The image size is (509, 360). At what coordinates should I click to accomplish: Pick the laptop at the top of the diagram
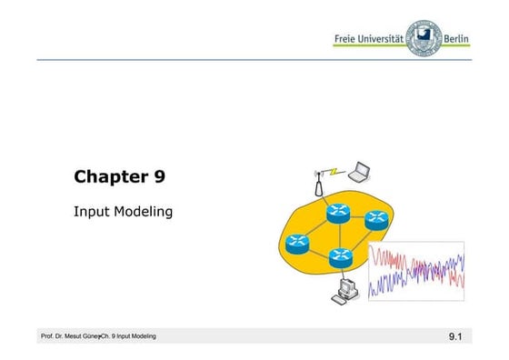pos(361,169)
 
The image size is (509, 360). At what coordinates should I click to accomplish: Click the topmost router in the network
pos(339,213)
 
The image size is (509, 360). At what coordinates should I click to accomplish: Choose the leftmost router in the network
pos(297,242)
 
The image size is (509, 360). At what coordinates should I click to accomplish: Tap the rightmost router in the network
pos(376,220)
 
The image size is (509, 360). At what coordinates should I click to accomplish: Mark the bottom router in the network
pos(340,258)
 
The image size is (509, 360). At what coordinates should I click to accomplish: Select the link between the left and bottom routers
pos(318,250)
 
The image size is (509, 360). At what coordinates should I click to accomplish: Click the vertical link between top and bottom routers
pos(340,235)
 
